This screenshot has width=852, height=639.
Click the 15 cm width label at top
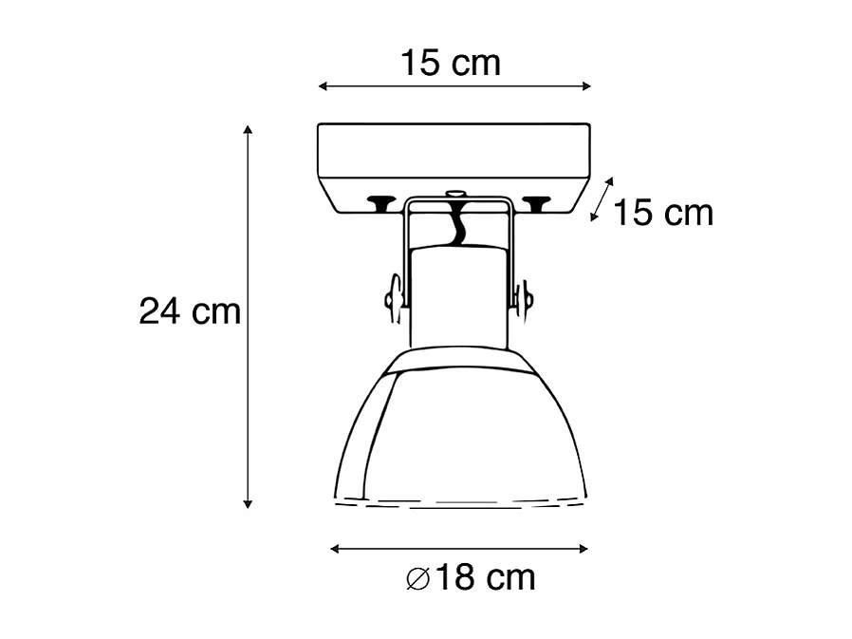pos(450,64)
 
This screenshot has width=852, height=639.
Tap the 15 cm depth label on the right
pos(662,213)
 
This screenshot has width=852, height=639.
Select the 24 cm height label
pos(190,310)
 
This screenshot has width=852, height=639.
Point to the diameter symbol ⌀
pos(417,578)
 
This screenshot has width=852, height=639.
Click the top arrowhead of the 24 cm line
pos(248,130)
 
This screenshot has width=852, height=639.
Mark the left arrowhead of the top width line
pos(323,86)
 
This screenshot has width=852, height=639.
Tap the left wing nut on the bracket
pos(392,297)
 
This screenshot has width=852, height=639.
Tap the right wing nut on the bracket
pos(524,297)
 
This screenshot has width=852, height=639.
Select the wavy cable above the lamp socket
pos(457,228)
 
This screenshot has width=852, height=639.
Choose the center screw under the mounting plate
pos(456,196)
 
